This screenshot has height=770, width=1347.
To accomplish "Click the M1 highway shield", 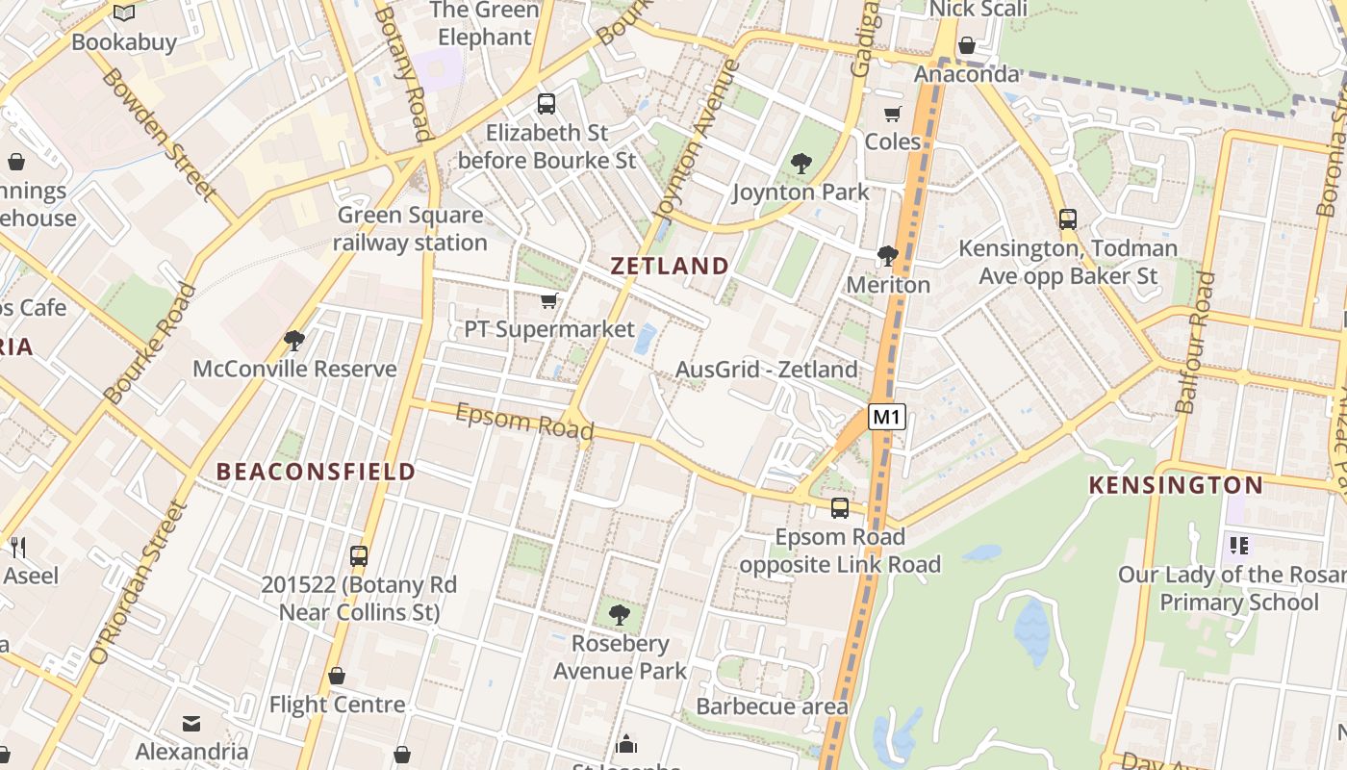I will click(x=887, y=417).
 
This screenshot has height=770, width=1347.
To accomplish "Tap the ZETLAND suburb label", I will click(x=670, y=266).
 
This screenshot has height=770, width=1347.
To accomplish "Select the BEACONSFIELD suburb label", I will click(x=316, y=472).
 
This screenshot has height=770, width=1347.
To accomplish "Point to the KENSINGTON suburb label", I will click(x=1175, y=485).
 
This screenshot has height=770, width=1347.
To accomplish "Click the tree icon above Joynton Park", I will click(x=801, y=164).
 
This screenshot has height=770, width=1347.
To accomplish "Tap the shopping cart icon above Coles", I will click(x=893, y=114).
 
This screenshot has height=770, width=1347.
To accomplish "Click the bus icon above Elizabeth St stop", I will click(x=546, y=104).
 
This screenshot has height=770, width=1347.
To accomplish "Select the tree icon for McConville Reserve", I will click(x=294, y=341).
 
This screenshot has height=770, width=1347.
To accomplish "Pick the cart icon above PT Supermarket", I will click(x=549, y=301).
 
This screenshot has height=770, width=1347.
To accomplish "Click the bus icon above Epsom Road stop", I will click(x=840, y=508).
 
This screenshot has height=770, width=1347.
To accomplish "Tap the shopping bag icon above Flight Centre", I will click(x=337, y=676).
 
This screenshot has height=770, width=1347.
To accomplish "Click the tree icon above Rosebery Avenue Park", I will click(x=620, y=614).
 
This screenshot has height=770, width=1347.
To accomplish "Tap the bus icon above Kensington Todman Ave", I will click(x=1068, y=219).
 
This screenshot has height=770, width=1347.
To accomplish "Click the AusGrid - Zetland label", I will click(x=766, y=369).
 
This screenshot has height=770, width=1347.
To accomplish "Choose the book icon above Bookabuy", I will click(x=124, y=13).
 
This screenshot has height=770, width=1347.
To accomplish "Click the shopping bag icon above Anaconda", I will click(x=967, y=45).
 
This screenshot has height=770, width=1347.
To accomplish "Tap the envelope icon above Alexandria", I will click(x=191, y=724).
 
